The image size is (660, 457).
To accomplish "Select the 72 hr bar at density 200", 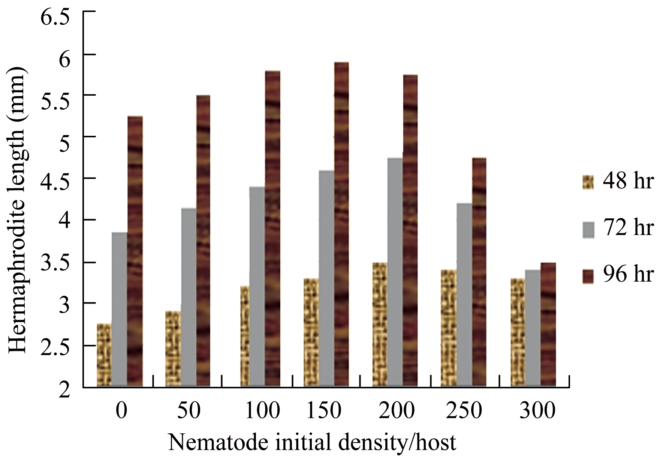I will click(395, 272).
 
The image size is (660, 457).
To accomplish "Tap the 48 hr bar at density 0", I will click(104, 355).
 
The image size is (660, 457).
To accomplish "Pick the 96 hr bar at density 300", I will click(548, 324).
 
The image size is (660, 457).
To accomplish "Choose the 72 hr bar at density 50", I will click(189, 297).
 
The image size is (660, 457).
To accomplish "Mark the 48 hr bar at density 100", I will click(245, 336).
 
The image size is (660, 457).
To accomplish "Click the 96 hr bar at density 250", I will click(479, 272).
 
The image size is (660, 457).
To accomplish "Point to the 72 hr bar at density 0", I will click(119, 309).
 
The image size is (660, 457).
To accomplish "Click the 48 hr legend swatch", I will click(588, 182).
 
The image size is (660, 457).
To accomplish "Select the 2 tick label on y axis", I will click(64, 390).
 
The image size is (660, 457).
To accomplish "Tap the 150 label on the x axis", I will click(324, 410).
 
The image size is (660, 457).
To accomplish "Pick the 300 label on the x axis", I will click(537, 410).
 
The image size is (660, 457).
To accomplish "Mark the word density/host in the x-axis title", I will click(397, 442).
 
